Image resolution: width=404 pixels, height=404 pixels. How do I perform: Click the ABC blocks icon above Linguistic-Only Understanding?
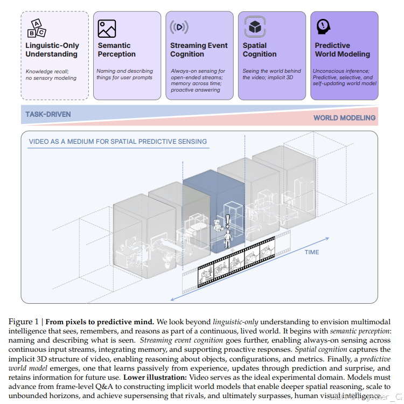pyautogui.click(x=36, y=28)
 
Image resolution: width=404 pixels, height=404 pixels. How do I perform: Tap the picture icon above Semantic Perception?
pyautogui.click(x=107, y=29)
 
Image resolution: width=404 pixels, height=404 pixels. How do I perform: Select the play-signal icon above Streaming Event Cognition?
pyautogui.click(x=179, y=27)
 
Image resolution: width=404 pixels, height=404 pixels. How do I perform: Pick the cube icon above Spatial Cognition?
pyautogui.click(x=253, y=27)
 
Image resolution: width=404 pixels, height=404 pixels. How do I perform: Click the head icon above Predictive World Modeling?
pyautogui.click(x=323, y=26)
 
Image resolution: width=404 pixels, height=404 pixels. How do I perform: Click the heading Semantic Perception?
pyautogui.click(x=117, y=50)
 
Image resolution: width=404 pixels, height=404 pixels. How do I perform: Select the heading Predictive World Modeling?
pyautogui.click(x=342, y=50)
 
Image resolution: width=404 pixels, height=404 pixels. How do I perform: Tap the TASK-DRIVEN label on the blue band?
pyautogui.click(x=48, y=115)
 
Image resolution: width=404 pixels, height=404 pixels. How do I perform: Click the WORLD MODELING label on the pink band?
pyautogui.click(x=344, y=118)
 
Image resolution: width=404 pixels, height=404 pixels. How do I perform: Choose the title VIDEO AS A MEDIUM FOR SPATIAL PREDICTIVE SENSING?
pyautogui.click(x=117, y=142)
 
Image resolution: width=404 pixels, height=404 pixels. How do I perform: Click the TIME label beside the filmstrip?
pyautogui.click(x=312, y=252)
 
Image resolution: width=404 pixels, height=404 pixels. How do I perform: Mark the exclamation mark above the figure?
pyautogui.click(x=227, y=219)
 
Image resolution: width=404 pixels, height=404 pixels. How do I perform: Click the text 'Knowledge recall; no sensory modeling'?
pyautogui.click(x=51, y=74)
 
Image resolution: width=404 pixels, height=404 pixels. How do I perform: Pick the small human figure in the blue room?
pyautogui.click(x=227, y=236)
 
